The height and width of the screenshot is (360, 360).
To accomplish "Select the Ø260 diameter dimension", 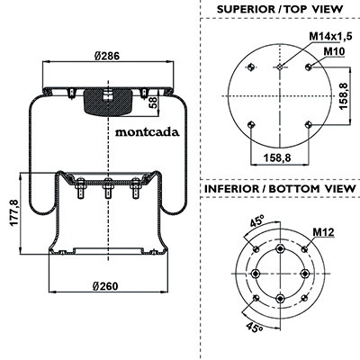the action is [x=105, y=286].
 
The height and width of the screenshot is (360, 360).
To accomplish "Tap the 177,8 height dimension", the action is [x=14, y=213].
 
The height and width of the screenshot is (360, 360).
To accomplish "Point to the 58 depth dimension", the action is [x=153, y=103].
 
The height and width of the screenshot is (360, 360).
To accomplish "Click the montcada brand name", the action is [x=148, y=132].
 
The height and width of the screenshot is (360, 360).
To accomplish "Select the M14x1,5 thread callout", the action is [x=330, y=36].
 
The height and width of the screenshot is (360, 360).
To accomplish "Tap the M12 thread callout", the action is [x=323, y=231].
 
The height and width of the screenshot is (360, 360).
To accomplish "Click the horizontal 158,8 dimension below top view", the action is [x=277, y=157].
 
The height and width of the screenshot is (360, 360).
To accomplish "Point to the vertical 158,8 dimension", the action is [x=344, y=96].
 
